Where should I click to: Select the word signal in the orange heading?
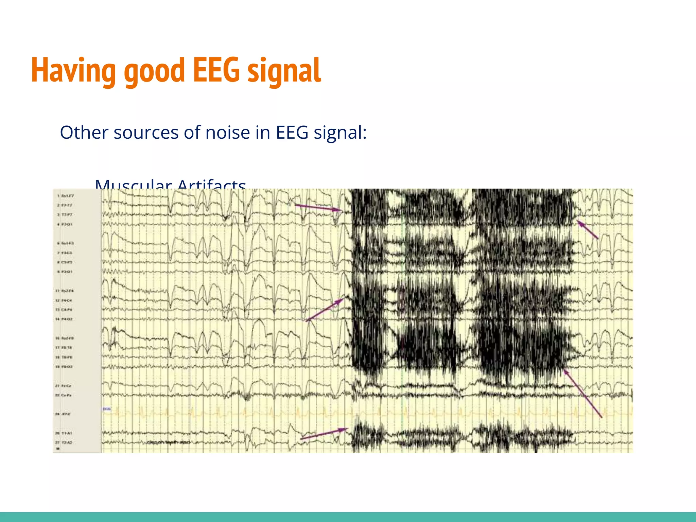point(284,70)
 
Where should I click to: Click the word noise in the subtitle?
point(228,132)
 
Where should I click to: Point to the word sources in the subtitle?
point(146,133)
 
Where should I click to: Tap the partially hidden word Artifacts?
point(211,184)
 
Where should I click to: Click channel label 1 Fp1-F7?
point(65,196)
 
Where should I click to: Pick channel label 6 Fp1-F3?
point(65,243)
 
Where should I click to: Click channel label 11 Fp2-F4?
point(65,291)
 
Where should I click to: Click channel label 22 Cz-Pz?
point(64,395)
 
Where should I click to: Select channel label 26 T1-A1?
point(64,433)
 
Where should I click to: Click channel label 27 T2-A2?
point(64,442)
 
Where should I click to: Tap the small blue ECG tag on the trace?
point(107,409)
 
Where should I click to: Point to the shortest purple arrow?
point(587,229)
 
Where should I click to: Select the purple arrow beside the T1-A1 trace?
point(324,434)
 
